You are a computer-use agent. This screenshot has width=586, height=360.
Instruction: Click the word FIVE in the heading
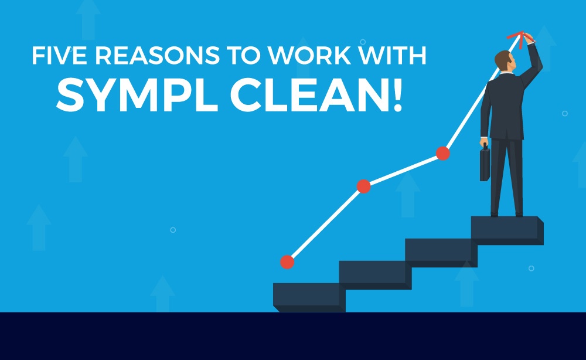coord(59,55)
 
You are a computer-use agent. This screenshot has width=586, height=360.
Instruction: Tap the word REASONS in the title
coord(157,55)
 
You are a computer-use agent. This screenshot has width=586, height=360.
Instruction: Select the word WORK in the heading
coord(309,55)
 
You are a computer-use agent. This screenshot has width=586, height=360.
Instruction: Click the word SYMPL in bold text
coord(137,96)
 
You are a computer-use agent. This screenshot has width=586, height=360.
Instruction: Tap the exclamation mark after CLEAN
coord(398,96)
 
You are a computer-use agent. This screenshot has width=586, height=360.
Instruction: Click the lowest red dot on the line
coord(287,262)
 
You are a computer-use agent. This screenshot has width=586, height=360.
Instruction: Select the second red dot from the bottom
coord(364,186)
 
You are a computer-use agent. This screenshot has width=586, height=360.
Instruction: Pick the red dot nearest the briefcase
coord(443,153)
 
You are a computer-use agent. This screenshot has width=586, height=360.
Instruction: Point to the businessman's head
coord(505,60)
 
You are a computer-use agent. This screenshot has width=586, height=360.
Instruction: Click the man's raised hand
coord(529,38)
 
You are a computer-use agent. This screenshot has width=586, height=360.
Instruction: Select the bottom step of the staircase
coord(309,298)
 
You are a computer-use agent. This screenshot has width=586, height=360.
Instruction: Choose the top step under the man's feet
coord(507,230)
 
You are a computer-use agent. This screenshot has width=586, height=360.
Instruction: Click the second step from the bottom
coord(375,275)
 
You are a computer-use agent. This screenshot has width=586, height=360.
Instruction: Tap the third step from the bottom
coord(441,253)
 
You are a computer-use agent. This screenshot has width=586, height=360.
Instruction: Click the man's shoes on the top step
coord(506,214)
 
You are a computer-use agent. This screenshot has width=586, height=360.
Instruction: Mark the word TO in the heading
coord(243,55)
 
